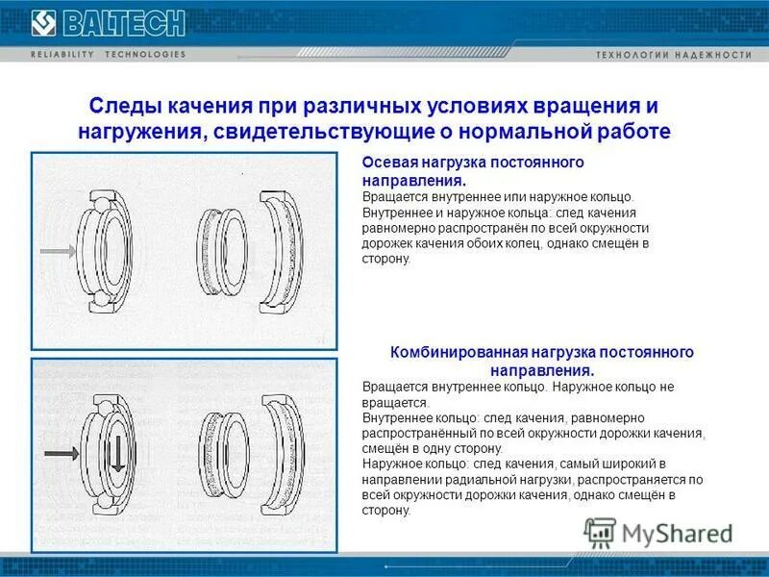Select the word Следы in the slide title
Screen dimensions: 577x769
pyautogui.click(x=119, y=105)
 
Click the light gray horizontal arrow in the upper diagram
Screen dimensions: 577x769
pyautogui.click(x=58, y=252)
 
